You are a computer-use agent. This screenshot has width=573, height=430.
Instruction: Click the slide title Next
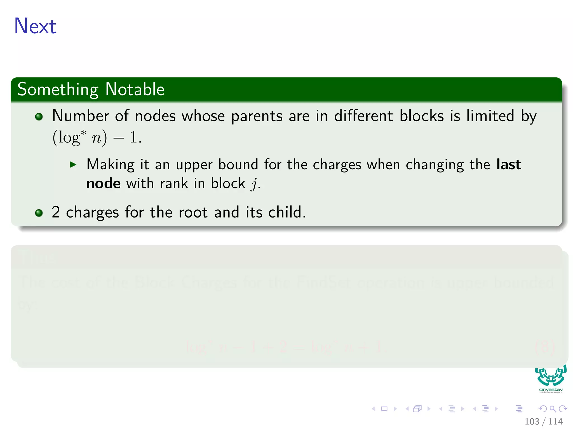coord(35,26)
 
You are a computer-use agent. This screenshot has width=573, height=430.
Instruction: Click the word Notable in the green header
coord(135,90)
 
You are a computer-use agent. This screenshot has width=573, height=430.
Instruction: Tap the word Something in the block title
coord(58,90)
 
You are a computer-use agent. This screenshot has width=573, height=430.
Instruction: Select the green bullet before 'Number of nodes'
coord(39,116)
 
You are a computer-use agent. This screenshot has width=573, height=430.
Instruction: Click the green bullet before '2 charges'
coord(39,213)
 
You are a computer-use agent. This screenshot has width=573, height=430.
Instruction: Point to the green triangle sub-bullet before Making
coord(73,164)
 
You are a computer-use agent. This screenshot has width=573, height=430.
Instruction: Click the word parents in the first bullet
coord(257,116)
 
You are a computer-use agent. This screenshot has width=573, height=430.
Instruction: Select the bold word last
coord(508,164)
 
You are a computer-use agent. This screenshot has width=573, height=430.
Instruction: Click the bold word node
coord(103,184)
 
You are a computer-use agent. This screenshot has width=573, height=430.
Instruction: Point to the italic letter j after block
coord(254,184)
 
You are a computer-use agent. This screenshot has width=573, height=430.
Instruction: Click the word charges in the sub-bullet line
coord(337,165)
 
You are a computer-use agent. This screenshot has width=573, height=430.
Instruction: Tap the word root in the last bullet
coord(193,212)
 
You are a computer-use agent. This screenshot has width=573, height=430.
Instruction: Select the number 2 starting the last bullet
coord(56,212)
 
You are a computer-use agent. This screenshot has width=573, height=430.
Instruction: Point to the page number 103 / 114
coord(543,422)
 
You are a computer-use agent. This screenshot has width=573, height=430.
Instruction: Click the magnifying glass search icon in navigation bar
coord(553,409)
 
